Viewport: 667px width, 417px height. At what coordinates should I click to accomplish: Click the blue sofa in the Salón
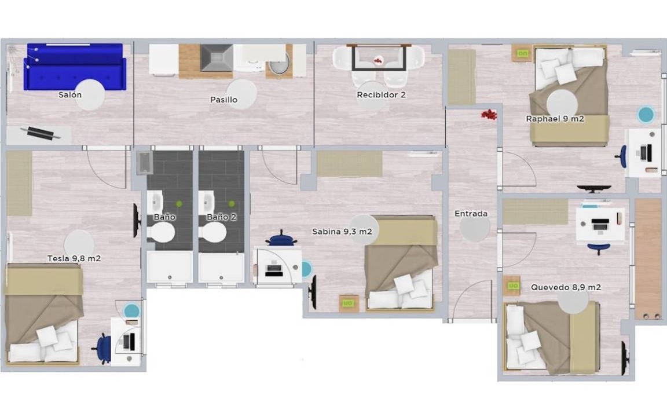point(75,67)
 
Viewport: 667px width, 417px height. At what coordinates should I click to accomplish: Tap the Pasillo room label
point(223,100)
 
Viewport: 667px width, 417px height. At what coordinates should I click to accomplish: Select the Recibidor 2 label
point(381,95)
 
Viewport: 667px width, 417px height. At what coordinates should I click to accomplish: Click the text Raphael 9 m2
point(555,119)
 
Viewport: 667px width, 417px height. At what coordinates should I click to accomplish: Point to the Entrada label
point(471,214)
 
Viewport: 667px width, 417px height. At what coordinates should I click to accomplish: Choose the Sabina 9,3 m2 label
point(342,232)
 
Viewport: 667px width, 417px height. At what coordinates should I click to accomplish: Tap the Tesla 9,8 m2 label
point(74,258)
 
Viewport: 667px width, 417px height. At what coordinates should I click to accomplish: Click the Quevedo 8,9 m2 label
point(566,287)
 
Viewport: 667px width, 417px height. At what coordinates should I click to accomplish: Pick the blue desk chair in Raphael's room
point(621,156)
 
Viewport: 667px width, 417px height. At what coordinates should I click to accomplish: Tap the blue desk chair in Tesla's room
point(102,349)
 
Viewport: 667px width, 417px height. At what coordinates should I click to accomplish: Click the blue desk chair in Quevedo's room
point(599,248)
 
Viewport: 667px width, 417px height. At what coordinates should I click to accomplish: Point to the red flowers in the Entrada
point(489,114)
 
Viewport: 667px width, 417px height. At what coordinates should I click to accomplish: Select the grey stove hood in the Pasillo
point(217,58)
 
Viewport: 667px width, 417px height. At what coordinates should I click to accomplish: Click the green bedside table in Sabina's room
point(348,303)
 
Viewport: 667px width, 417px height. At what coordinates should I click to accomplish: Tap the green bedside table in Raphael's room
point(522,53)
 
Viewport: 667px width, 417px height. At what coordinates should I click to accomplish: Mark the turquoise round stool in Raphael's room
point(646,115)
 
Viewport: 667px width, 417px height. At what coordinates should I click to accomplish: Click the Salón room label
point(70,95)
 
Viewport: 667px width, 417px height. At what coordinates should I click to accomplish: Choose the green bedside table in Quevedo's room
point(512,286)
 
